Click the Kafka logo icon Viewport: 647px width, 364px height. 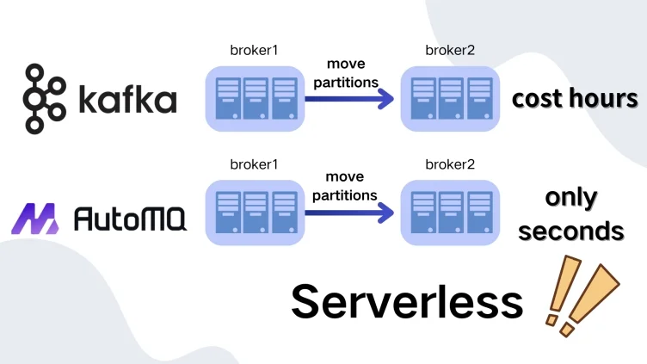[x=46, y=98]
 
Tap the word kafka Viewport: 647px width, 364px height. [x=126, y=100]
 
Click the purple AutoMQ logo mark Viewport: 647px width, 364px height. [x=40, y=219]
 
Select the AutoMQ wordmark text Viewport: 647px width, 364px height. [x=128, y=219]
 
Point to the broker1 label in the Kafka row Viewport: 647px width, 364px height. [x=255, y=52]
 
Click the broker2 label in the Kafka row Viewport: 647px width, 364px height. [x=451, y=52]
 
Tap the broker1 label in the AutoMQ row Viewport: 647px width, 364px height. [x=255, y=164]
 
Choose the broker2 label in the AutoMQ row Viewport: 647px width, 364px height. [x=451, y=164]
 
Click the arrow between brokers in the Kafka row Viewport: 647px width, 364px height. [x=349, y=99]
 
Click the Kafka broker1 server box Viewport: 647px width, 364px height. [x=255, y=98]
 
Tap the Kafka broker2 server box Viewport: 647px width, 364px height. [x=451, y=98]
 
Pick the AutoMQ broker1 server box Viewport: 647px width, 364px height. [x=255, y=212]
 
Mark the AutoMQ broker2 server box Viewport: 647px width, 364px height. [x=451, y=212]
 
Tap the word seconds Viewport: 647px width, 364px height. [x=571, y=231]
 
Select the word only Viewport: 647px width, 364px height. [x=571, y=197]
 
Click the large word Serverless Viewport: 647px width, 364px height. [x=407, y=301]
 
